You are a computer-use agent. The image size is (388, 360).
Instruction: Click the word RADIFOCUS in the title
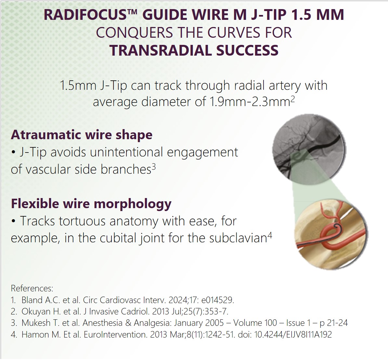[x=85, y=15]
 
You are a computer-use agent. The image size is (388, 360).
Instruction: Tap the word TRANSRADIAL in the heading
[x=160, y=50]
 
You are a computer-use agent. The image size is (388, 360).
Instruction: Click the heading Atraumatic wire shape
[x=82, y=135]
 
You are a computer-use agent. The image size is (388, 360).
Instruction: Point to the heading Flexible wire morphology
[x=91, y=204]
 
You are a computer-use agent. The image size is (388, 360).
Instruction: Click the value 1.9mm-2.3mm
[x=250, y=101]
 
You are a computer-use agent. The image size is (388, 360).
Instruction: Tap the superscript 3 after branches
[x=154, y=167]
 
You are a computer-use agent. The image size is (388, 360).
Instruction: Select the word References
[x=32, y=288]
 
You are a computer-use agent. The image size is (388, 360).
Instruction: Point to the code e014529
[x=217, y=300]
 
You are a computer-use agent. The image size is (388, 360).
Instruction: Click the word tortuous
[x=82, y=221]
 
